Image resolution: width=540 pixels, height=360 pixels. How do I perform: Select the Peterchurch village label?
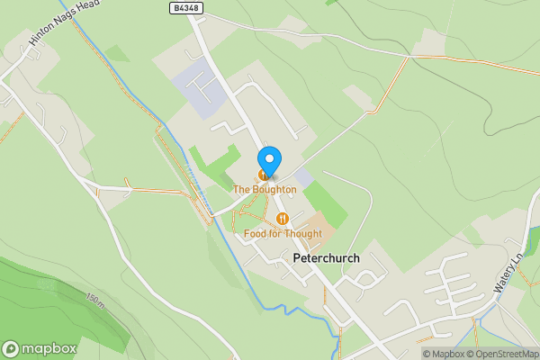[x=326, y=258]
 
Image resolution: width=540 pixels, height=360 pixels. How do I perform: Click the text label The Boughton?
[x=265, y=190]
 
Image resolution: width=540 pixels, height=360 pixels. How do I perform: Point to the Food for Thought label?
[x=283, y=234]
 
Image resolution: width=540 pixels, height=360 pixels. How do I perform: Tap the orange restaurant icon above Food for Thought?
[x=283, y=219]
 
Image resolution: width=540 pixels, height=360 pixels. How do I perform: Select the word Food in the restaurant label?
[x=255, y=234]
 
